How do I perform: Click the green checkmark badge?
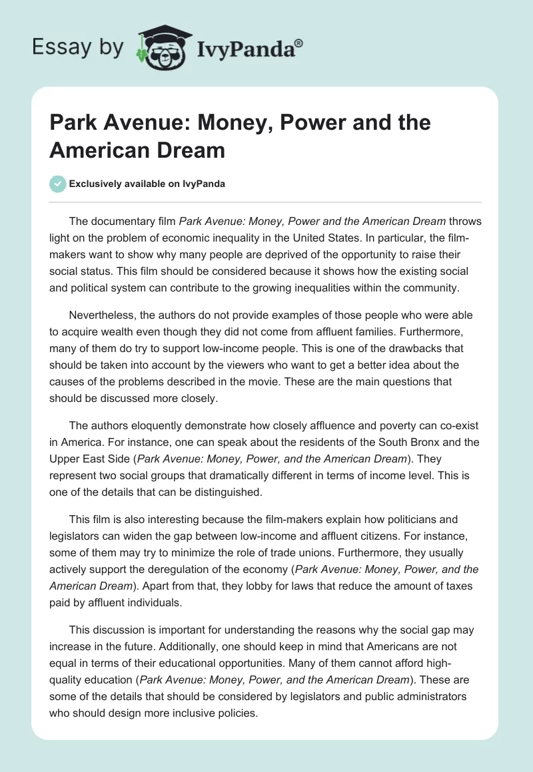click(x=58, y=184)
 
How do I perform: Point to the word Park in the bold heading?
click(x=73, y=122)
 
